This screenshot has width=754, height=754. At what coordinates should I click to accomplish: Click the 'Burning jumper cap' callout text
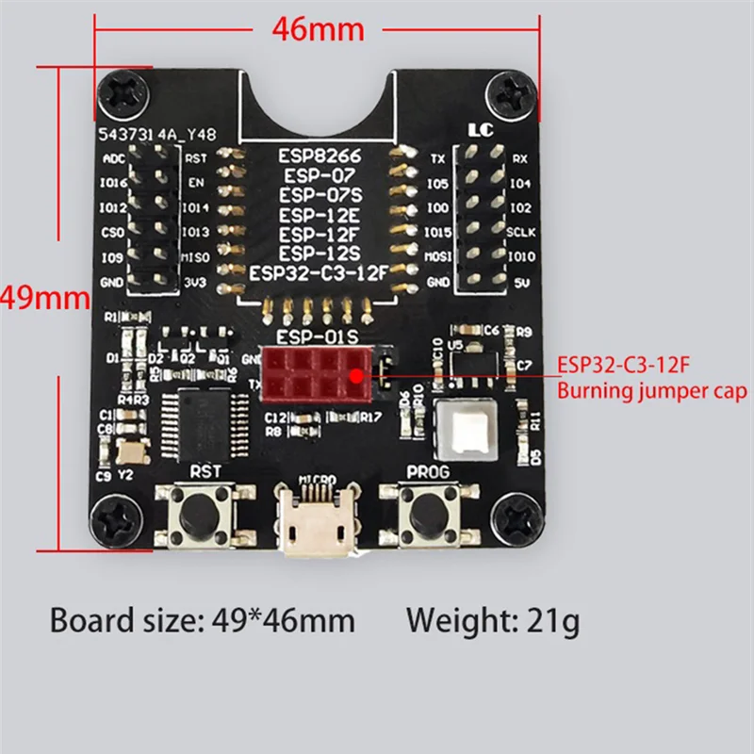point(653,390)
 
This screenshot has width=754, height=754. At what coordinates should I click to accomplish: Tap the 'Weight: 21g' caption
point(493,621)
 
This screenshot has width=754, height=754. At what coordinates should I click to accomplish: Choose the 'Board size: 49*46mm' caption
point(202,621)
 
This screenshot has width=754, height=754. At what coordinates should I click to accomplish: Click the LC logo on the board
point(480,129)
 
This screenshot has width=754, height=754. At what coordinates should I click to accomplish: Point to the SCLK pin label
point(521,232)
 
